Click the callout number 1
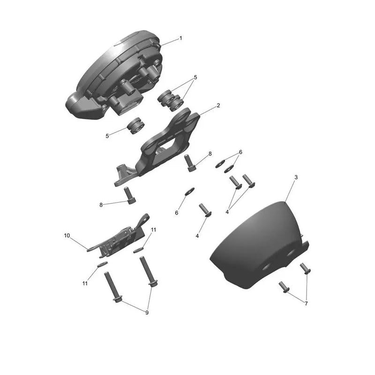181,38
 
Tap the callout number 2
218,105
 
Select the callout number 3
296,178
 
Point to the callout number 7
306,303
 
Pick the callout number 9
147,313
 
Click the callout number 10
67,236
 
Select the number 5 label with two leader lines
195,77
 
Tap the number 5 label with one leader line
107,136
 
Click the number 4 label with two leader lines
227,212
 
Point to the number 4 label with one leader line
197,236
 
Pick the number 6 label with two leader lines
240,152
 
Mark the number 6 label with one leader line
177,213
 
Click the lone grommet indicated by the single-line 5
135,126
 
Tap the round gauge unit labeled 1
115,75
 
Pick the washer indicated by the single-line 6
190,191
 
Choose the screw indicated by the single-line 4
205,210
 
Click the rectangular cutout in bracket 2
167,145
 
